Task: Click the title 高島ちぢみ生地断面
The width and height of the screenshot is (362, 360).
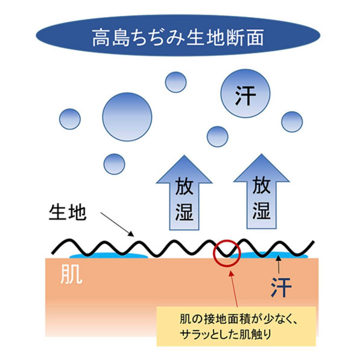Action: (178, 38)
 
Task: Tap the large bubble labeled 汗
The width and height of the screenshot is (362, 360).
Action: (245, 94)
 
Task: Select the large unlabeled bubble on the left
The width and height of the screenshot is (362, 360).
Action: (127, 117)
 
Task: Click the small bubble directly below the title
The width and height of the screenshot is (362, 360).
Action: (176, 82)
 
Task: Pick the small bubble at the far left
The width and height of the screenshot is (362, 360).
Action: (70, 119)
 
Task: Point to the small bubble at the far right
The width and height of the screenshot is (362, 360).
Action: (292, 122)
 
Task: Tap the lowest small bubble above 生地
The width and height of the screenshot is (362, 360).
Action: (114, 164)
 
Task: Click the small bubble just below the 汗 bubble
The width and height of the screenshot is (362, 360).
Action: (218, 137)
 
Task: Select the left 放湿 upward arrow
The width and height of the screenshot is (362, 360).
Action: (184, 193)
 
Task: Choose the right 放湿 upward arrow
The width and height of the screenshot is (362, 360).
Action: (261, 192)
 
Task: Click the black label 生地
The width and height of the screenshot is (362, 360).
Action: (67, 212)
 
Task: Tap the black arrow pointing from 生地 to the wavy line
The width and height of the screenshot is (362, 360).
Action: (117, 224)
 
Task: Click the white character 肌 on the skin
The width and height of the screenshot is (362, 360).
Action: (71, 274)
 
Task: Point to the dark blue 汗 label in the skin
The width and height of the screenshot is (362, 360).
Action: (281, 287)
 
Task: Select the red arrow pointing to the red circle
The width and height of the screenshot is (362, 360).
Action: (234, 289)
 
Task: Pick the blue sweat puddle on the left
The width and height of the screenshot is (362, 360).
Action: (109, 255)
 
